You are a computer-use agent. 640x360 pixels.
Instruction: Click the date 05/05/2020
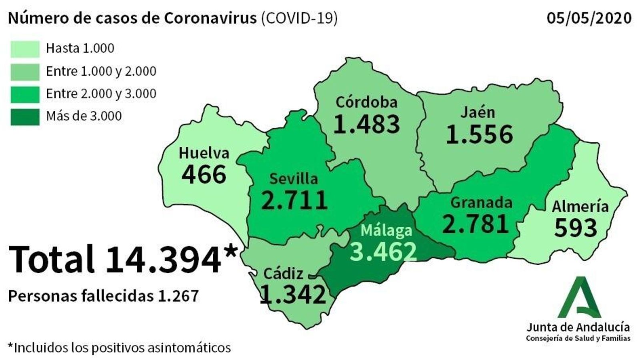pos(589,18)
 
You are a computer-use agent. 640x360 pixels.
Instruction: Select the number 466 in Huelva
pos(204,174)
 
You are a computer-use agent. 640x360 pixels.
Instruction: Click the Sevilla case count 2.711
pos(294,200)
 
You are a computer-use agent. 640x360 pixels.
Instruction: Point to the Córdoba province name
pos(366,102)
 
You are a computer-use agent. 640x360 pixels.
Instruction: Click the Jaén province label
pos(478,112)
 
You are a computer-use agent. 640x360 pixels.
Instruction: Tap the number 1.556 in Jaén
pos(479,134)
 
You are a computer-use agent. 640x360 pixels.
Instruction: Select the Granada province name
pos(481,203)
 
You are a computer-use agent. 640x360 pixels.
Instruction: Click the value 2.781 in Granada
pos(476,224)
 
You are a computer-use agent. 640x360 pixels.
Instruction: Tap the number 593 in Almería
pos(576,228)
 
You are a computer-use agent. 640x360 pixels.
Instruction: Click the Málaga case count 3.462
pos(384,251)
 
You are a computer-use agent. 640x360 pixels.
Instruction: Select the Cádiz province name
pos(283,274)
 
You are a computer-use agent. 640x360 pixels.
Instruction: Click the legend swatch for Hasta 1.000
pos(25,49)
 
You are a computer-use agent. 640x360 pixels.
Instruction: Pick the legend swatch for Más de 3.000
pos(25,117)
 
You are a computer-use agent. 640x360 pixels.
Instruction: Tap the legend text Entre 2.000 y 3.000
pos(101,94)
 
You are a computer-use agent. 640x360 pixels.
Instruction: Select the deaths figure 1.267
pos(178,296)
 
